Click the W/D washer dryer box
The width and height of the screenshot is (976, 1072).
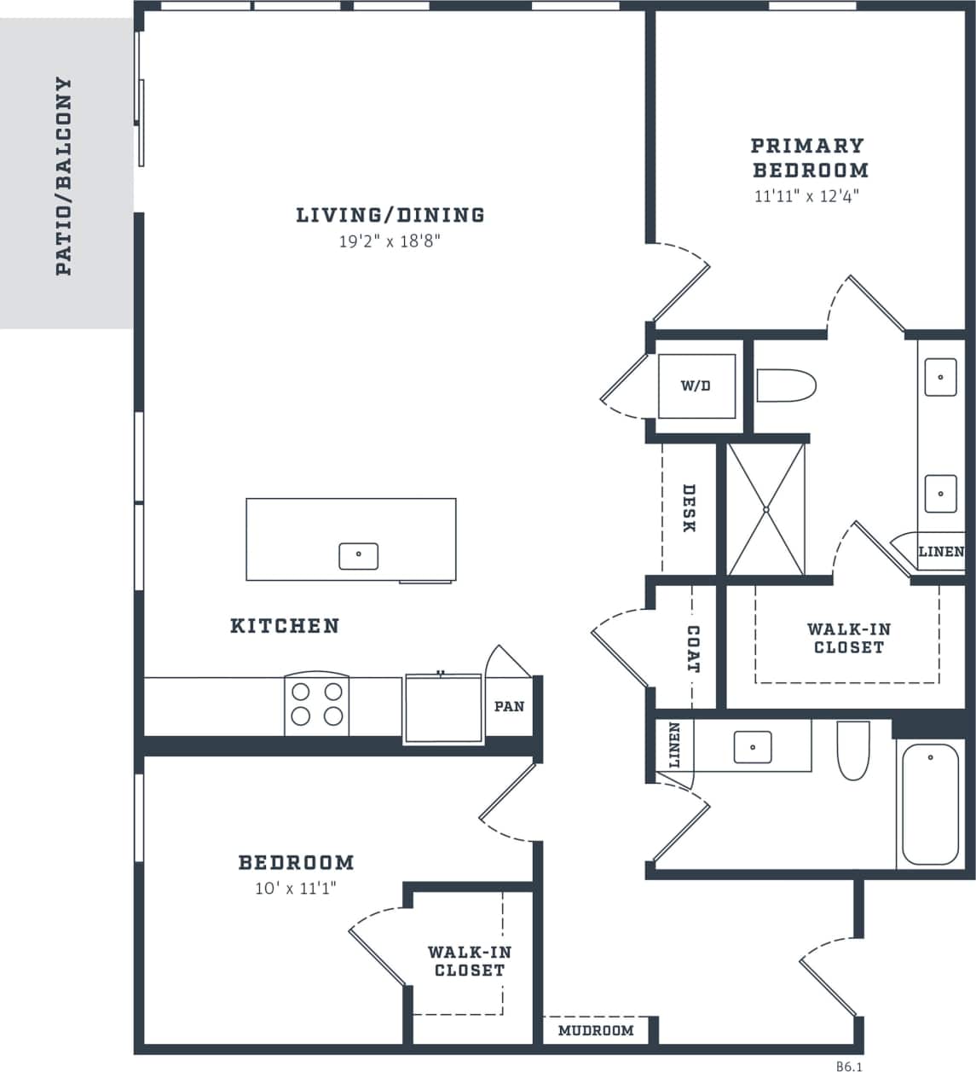coord(696,385)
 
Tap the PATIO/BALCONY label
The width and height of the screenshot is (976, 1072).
coord(63,177)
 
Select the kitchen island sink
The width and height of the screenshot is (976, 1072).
coord(358,555)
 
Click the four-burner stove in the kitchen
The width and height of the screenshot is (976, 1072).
coord(317,704)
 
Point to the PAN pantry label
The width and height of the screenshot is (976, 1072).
coord(509,706)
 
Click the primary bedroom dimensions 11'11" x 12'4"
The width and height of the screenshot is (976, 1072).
coord(806,196)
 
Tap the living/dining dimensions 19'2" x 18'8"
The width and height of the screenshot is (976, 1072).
coord(390,241)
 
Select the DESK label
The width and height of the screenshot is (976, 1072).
coord(689,508)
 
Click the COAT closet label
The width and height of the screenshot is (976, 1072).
coord(693,649)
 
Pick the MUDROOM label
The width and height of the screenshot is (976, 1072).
coord(596,1030)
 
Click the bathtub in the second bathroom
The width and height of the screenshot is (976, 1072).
coord(930,803)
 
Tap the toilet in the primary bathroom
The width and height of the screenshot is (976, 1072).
coord(786,385)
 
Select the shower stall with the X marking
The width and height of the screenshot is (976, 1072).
coord(765,509)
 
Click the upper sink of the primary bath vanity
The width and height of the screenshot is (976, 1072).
coord(941,376)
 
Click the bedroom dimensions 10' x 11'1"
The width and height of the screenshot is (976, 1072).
coord(296,889)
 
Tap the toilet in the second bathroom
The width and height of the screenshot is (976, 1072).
coord(852,750)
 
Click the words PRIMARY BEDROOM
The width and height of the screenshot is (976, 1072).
coord(809,158)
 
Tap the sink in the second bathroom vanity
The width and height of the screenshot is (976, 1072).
coord(753,747)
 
